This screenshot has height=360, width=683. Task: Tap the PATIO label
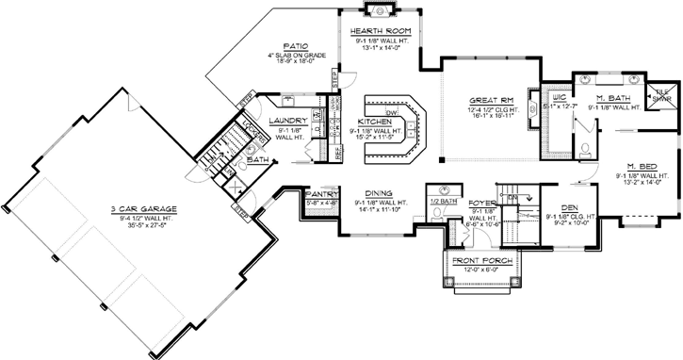pyautogui.click(x=297, y=45)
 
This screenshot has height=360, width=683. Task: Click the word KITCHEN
pyautogui.click(x=376, y=123)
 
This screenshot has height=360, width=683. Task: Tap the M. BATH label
pyautogui.click(x=614, y=98)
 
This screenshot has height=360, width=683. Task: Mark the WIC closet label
pyautogui.click(x=559, y=98)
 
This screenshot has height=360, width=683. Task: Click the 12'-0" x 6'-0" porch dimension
pyautogui.click(x=476, y=270)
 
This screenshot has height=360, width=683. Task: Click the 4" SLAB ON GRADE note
pyautogui.click(x=297, y=55)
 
